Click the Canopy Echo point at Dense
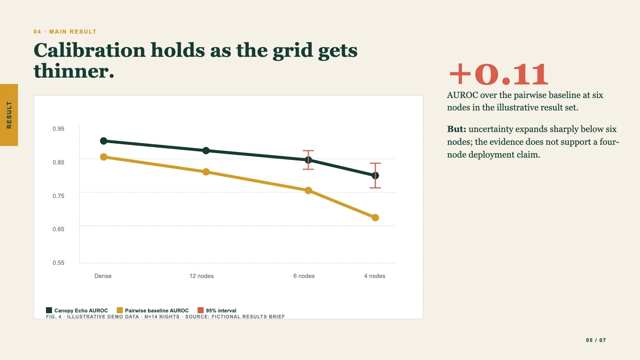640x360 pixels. coord(104,141)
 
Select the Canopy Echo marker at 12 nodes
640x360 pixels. coord(206,150)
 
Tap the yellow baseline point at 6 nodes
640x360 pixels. coord(308,190)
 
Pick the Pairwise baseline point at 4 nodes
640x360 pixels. coord(375,218)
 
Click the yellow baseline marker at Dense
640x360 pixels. coord(104,157)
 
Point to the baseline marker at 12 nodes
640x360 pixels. coord(206,172)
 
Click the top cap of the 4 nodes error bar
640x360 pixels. coord(375,164)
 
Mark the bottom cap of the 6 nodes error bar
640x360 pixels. coord(308,170)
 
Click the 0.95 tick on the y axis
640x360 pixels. coord(58,129)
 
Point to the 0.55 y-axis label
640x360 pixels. coord(58,263)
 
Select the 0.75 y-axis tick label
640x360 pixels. coord(58,196)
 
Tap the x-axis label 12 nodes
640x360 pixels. coord(202,276)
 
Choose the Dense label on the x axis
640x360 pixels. coord(103,276)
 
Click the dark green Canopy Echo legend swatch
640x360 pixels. coord(49,310)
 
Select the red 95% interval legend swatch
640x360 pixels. coord(200,310)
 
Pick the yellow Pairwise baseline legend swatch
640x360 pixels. coord(120,310)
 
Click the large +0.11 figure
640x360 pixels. coord(499,74)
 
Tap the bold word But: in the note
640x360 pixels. coord(456,129)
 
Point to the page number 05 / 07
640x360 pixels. coord(596,340)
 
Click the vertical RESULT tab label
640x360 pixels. coord(9,115)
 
